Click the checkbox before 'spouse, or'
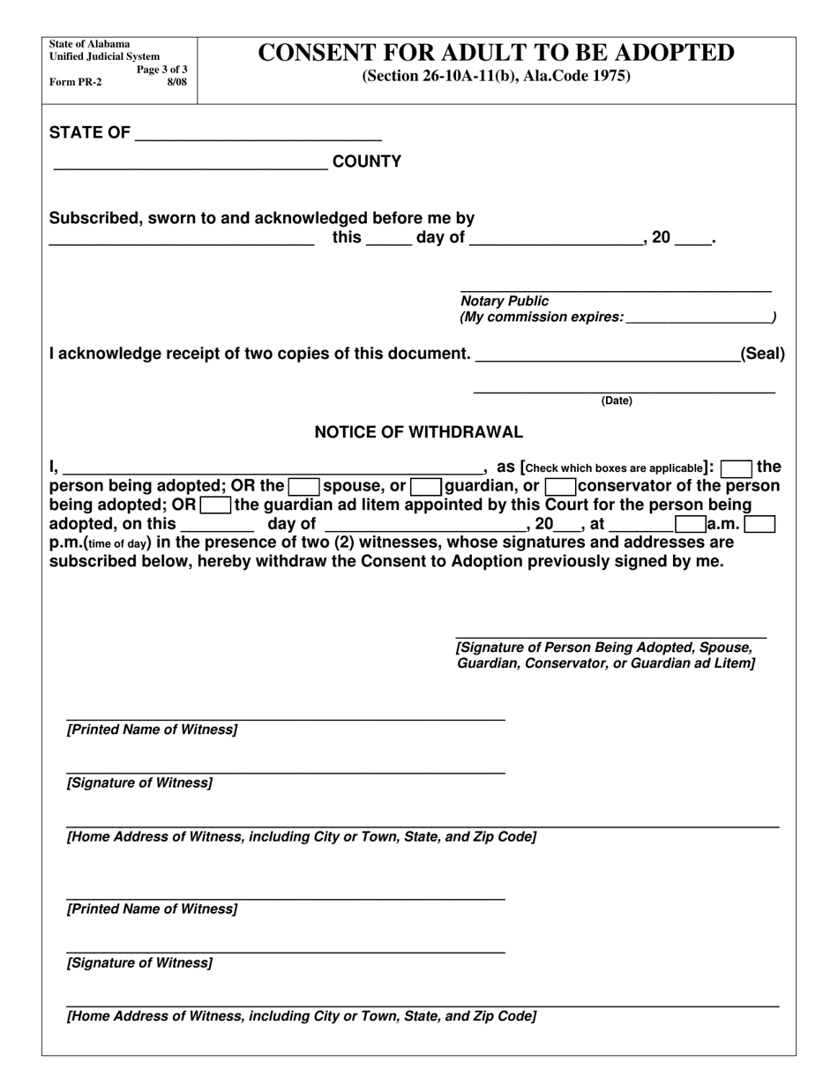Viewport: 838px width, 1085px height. point(304,486)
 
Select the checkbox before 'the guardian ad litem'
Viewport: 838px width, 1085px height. point(215,505)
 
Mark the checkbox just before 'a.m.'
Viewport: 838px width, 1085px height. point(690,524)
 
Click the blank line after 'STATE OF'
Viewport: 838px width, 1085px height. point(258,134)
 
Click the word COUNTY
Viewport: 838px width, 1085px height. point(366,161)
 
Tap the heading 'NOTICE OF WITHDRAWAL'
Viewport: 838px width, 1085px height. point(418,432)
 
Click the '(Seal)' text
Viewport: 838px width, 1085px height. point(762,354)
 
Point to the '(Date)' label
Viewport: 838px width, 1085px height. point(617,401)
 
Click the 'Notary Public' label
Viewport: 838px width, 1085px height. point(505,302)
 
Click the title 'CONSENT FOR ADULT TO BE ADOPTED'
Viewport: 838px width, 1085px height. point(496,53)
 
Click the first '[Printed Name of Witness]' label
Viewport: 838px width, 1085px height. point(152,730)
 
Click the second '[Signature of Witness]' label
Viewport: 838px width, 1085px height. point(139,963)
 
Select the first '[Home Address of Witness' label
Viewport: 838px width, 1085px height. point(301,836)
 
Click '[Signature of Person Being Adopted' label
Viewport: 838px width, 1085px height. point(604,647)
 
